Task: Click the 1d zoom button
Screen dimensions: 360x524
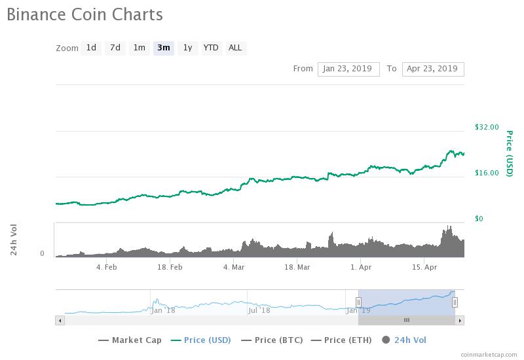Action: [x=91, y=48]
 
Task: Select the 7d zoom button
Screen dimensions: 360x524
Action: [x=115, y=48]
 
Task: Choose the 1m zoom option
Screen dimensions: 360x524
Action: [x=139, y=48]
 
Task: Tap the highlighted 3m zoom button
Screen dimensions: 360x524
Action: [x=163, y=48]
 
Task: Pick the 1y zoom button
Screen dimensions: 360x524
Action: [x=187, y=48]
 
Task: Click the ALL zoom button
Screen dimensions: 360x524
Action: [x=234, y=48]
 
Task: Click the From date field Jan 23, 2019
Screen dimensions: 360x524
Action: [x=348, y=69]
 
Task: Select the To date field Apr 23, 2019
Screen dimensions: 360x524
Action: [x=432, y=69]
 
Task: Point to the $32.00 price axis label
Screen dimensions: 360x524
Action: [x=487, y=127]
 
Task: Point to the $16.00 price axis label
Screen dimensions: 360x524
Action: [x=487, y=173]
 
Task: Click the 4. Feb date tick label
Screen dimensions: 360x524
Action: [x=106, y=267]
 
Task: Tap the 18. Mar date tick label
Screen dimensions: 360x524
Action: [x=297, y=267]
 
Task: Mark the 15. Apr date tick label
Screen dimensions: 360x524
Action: [x=424, y=267]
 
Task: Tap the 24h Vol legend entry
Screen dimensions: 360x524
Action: [x=404, y=340]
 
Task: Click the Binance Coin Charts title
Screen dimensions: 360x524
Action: [x=84, y=14]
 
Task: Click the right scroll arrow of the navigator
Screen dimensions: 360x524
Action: [x=460, y=320]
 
